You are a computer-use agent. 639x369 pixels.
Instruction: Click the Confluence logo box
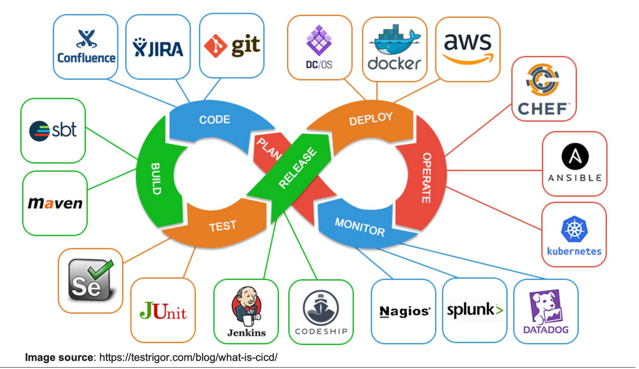85,47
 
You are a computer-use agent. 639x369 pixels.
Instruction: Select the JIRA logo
158,47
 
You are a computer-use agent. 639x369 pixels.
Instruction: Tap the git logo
232,46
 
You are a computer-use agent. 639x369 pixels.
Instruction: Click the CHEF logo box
544,89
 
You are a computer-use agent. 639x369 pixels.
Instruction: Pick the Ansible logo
574,164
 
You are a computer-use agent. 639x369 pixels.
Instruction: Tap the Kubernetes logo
574,235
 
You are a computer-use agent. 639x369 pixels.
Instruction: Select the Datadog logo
545,311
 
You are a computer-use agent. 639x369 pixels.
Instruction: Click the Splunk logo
475,311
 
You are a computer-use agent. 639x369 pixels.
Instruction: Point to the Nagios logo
403,311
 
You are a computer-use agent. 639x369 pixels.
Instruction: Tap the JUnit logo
163,310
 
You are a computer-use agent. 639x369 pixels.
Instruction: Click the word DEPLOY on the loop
370,119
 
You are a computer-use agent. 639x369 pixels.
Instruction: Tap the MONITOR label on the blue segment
360,227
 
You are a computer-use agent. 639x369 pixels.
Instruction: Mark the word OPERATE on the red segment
426,178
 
